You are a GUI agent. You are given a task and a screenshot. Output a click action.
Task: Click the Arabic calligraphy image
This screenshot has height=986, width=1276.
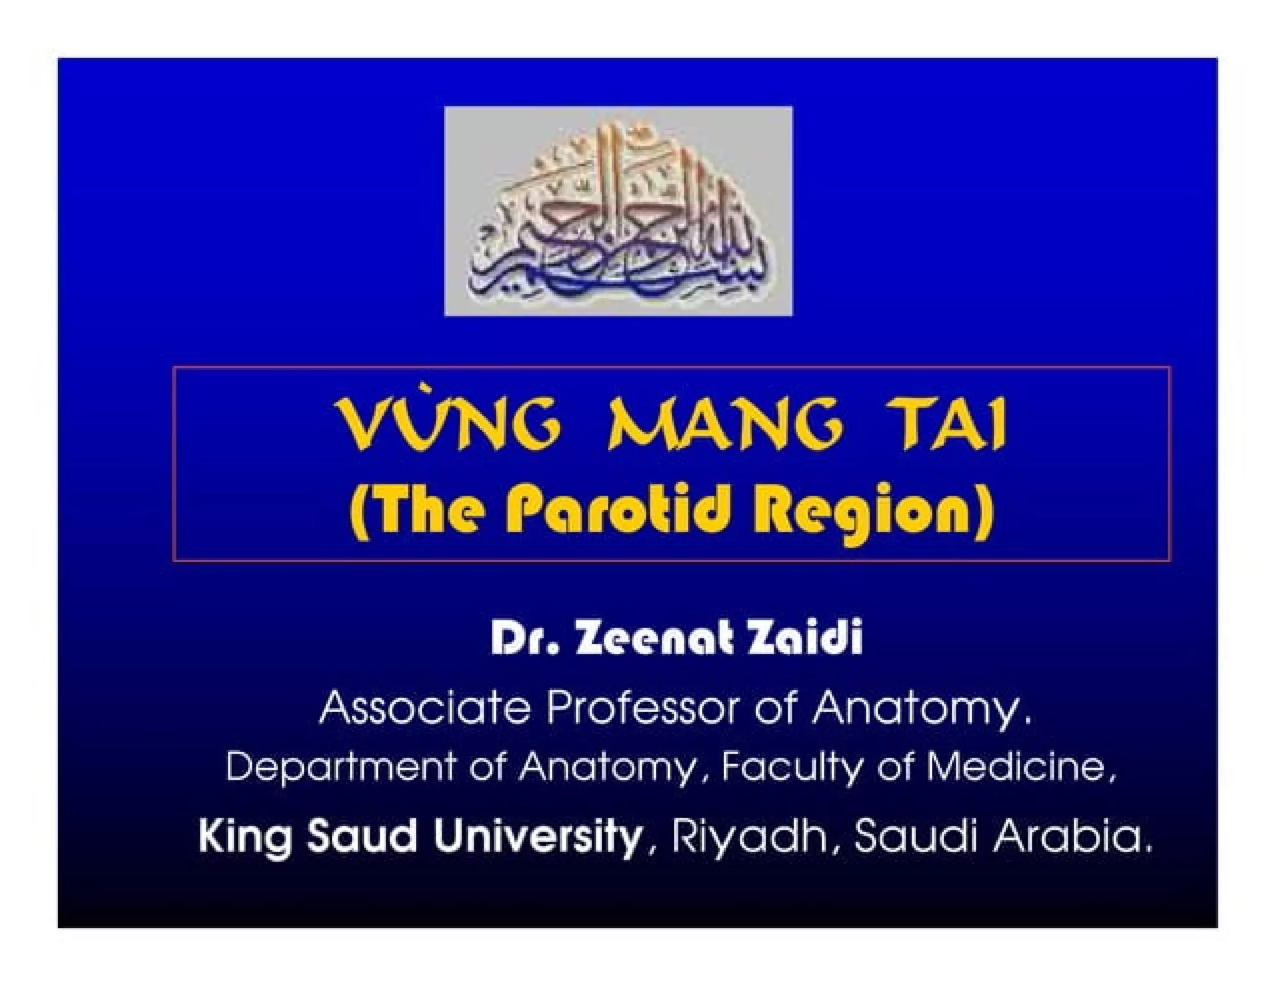618,211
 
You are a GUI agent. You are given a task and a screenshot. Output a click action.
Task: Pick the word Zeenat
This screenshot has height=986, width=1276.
660,640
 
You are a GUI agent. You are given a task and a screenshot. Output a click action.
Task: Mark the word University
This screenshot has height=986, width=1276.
537,837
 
